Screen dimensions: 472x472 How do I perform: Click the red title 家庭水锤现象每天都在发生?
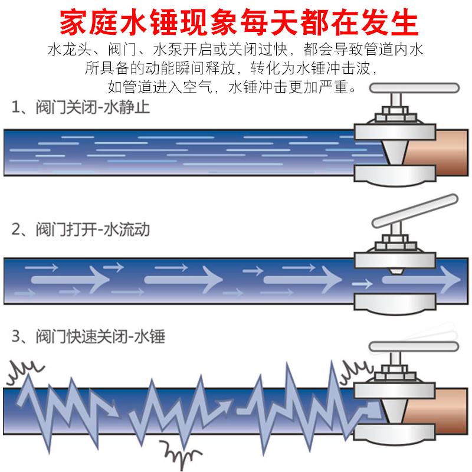pyautogui.click(x=239, y=22)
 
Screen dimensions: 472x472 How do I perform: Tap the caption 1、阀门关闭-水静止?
pyautogui.click(x=81, y=107)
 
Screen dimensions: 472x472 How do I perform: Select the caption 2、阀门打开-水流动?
pyautogui.click(x=81, y=230)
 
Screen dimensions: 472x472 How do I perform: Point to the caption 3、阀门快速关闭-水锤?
pyautogui.click(x=88, y=336)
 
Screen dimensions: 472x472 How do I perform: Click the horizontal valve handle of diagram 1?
pyautogui.click(x=415, y=88)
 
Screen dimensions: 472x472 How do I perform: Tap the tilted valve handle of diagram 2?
pyautogui.click(x=415, y=211)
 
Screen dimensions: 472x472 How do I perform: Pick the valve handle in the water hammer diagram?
pyautogui.click(x=414, y=346)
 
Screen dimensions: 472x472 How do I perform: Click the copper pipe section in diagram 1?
pyautogui.click(x=437, y=152)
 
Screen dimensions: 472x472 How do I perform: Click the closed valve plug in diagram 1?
pyautogui.click(x=395, y=152)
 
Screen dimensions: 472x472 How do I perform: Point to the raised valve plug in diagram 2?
pyautogui.click(x=395, y=271)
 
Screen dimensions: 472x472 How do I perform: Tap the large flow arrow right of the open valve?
pyautogui.click(x=421, y=280)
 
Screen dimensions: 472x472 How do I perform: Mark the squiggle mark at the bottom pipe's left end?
pyautogui.click(x=25, y=372)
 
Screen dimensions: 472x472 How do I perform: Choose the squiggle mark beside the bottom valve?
pyautogui.click(x=356, y=371)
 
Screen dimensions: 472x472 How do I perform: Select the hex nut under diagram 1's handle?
pyautogui.click(x=395, y=114)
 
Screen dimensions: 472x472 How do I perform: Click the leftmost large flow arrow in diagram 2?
pyautogui.click(x=70, y=280)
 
